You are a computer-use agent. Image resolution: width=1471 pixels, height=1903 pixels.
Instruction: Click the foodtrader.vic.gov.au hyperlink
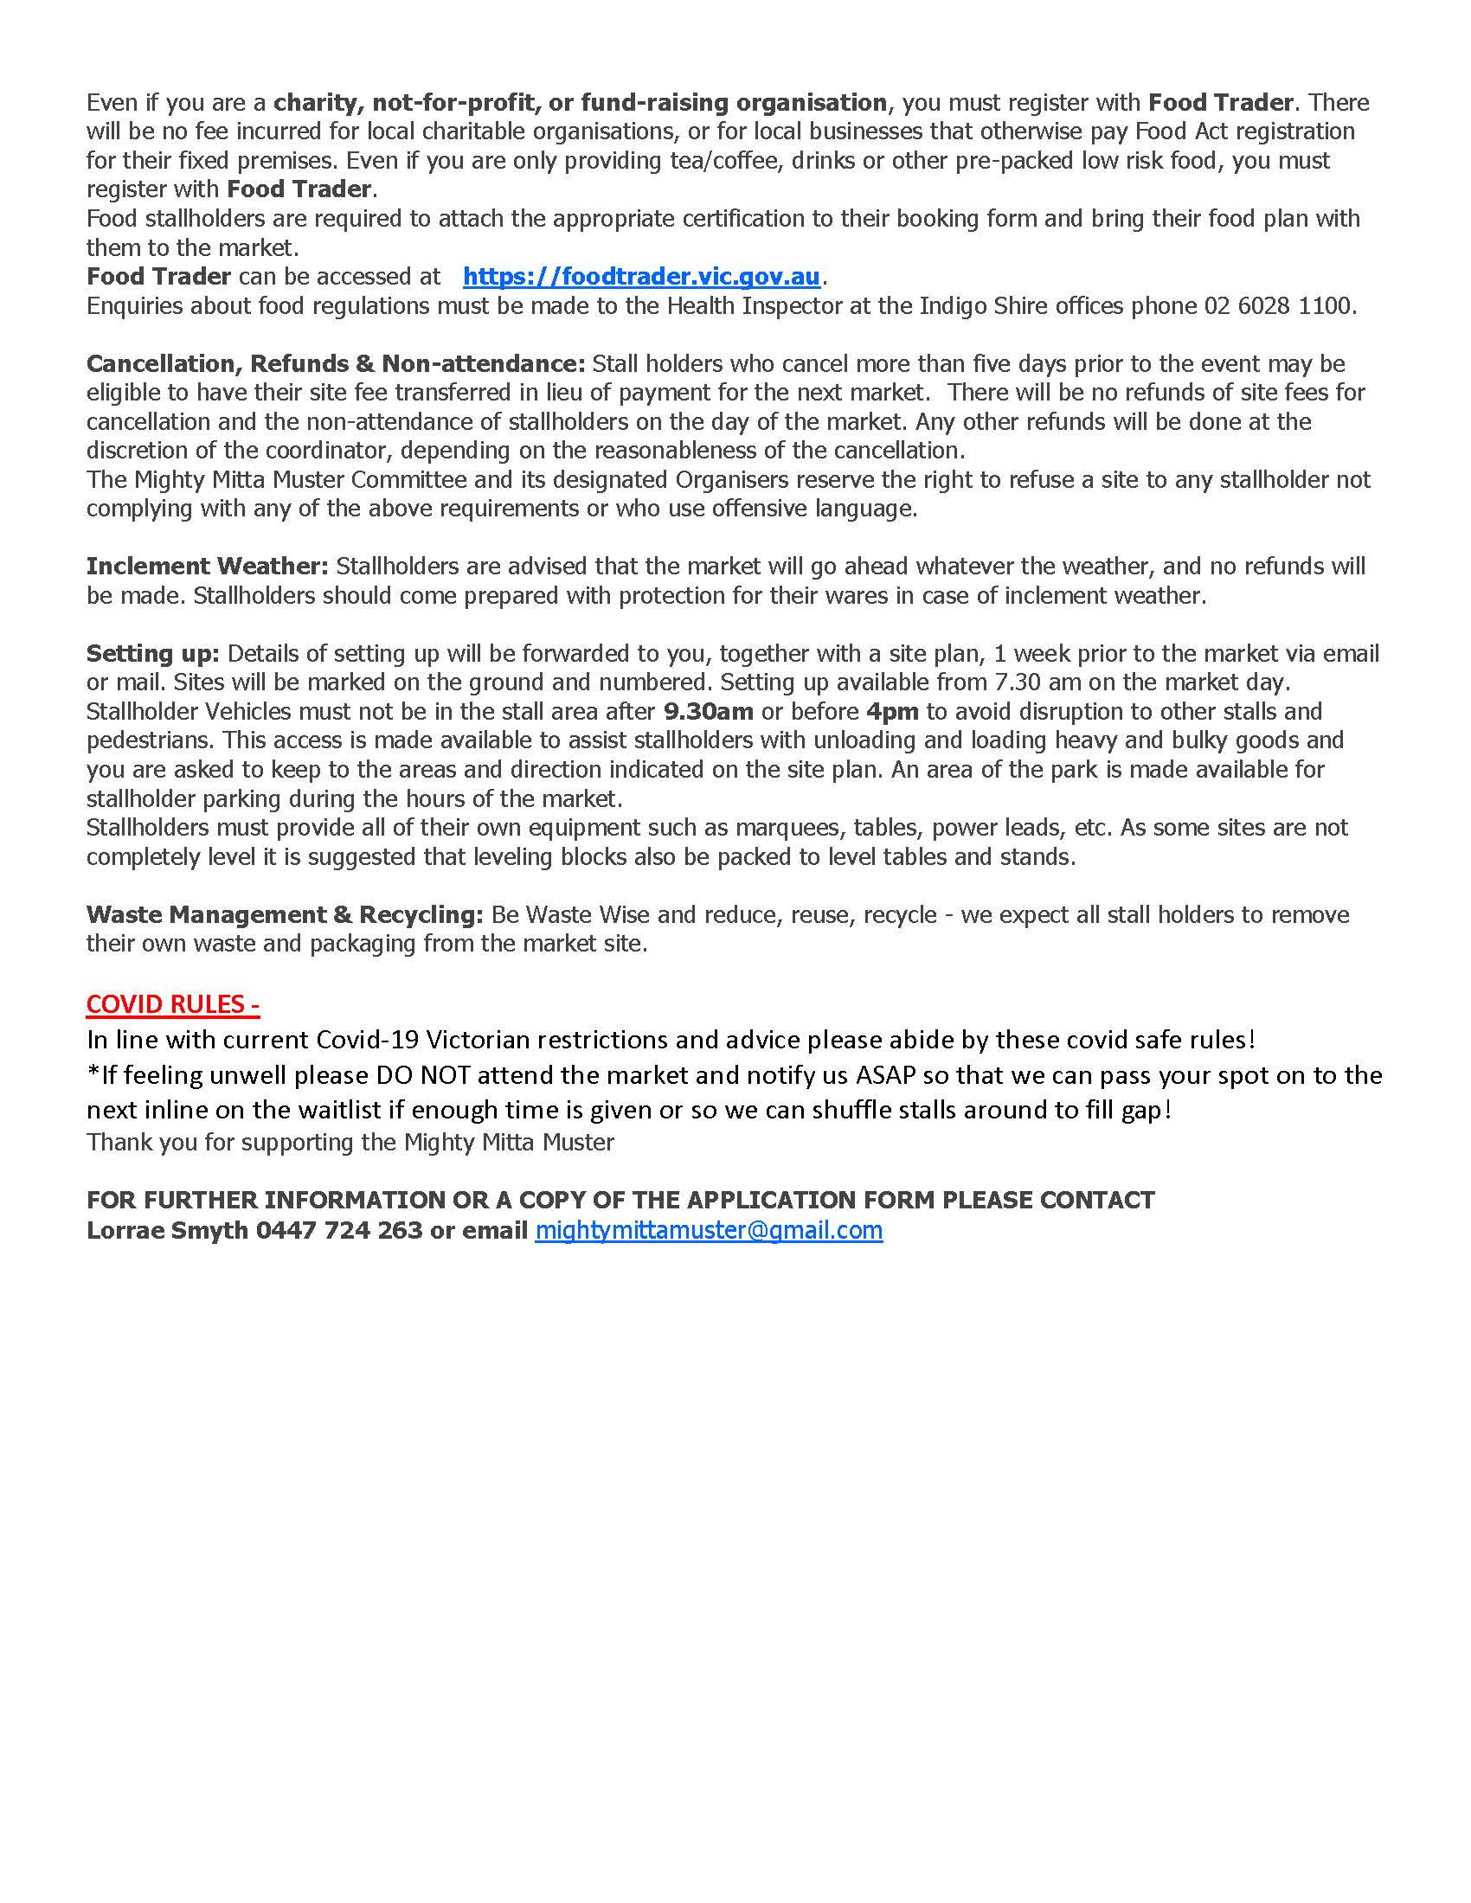(x=641, y=277)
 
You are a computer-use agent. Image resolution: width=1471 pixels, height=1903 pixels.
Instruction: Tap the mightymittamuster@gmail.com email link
(x=709, y=1230)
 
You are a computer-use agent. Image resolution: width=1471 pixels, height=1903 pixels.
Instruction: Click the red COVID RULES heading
(x=172, y=1004)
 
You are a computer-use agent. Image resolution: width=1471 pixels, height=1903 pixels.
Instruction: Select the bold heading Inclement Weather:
(x=208, y=567)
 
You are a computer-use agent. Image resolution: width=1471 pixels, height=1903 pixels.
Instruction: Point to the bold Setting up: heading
(x=152, y=653)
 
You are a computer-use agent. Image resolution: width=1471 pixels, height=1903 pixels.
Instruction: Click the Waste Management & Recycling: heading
(x=284, y=915)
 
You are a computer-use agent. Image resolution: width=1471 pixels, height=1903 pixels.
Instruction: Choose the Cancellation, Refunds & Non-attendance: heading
(x=336, y=363)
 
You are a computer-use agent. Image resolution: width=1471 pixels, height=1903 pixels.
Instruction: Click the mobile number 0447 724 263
(x=339, y=1230)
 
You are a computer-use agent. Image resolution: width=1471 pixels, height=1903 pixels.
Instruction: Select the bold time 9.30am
(x=708, y=712)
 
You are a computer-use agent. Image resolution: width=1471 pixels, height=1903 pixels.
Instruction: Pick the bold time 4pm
(x=892, y=712)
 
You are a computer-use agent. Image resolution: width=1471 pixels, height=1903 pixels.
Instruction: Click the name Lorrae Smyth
(x=167, y=1230)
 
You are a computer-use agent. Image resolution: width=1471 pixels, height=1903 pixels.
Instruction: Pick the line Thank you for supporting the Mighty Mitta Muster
(x=350, y=1143)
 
